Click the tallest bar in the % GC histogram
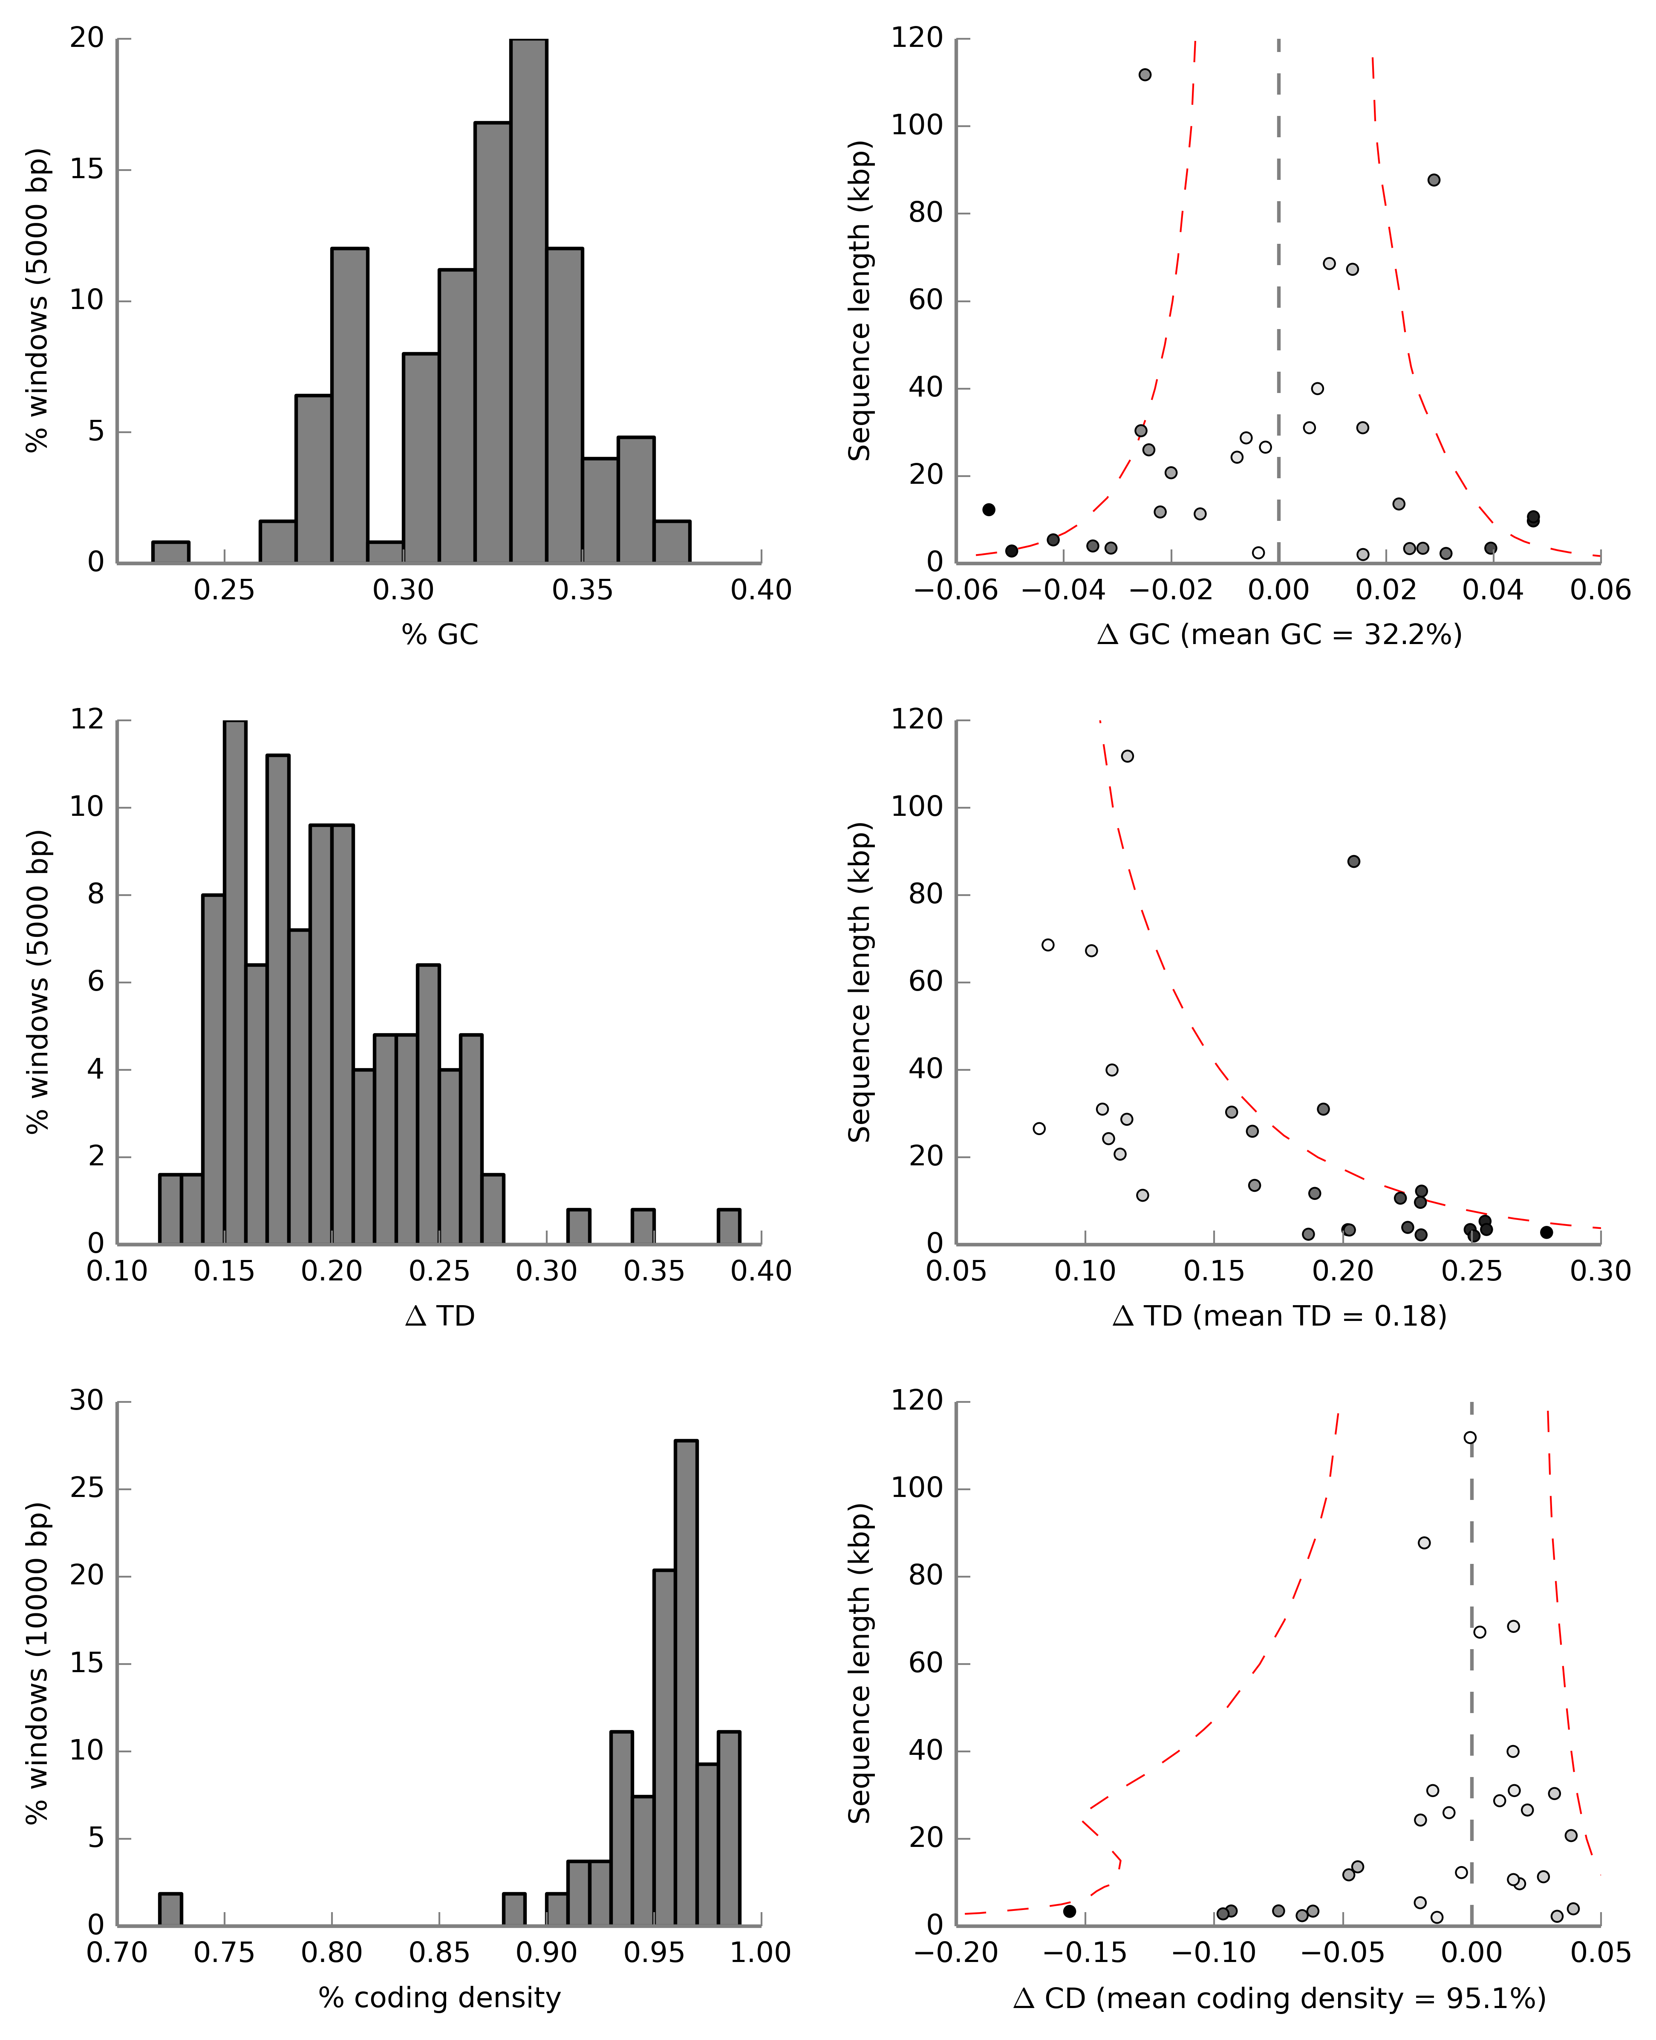coord(528,301)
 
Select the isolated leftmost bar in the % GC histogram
coord(171,552)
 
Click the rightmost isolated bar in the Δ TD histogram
coord(729,1227)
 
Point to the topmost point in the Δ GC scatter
coord(1145,75)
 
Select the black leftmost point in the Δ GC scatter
coord(989,509)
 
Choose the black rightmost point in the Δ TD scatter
coord(1546,1233)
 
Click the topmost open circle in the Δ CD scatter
coord(1470,1438)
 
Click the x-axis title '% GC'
coord(440,635)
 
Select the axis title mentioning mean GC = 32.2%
coord(1279,635)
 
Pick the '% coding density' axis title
coord(440,1997)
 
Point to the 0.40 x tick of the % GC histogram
coord(761,591)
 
